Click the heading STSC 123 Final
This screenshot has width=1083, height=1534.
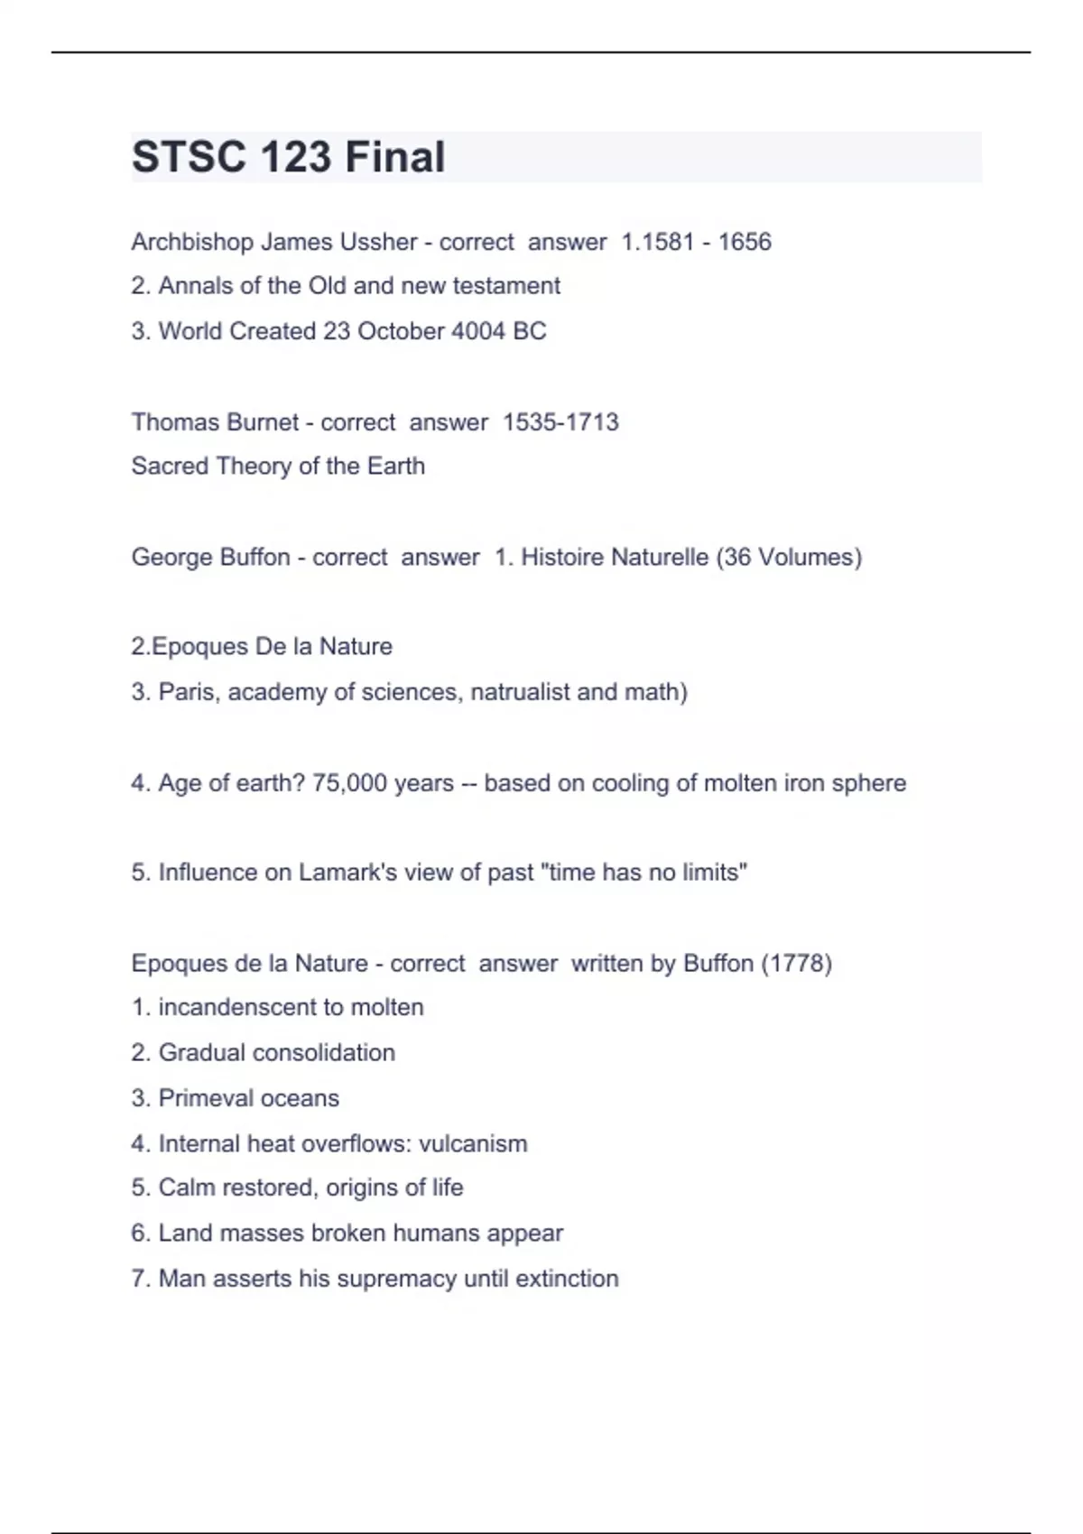(x=288, y=157)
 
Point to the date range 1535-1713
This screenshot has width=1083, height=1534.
(x=560, y=422)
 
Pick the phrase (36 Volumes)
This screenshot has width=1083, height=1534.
(x=789, y=557)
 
